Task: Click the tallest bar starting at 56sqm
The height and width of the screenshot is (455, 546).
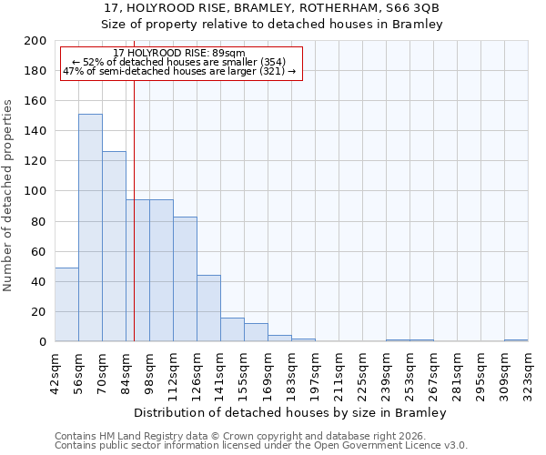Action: pos(90,227)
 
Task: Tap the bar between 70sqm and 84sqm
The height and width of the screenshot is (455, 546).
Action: pos(114,247)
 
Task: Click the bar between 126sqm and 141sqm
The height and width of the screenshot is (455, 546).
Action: pos(208,308)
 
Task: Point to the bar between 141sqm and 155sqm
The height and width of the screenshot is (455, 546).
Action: pos(232,330)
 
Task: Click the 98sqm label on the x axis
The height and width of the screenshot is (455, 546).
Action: pos(149,370)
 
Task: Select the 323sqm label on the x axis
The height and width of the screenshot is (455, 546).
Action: pos(528,370)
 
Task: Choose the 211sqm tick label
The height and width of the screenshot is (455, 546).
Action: pos(339,370)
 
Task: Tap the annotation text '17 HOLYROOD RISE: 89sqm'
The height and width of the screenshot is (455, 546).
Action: pos(179,53)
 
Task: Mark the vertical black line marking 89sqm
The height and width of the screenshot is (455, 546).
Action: pos(134,227)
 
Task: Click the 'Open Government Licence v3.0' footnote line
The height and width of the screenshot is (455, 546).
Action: pos(261,446)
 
